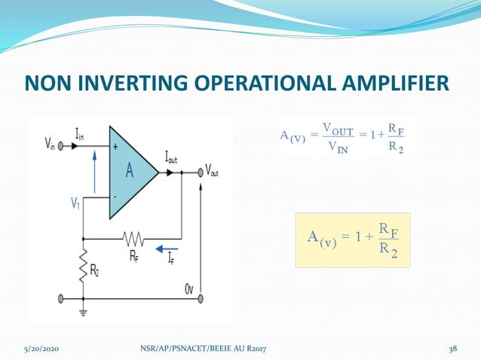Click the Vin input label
[x=50, y=142]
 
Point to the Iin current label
[x=80, y=134]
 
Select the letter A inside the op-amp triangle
[x=130, y=171]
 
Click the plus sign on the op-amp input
[x=115, y=148]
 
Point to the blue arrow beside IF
[x=168, y=246]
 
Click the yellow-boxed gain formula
[x=353, y=239]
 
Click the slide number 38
[x=452, y=347]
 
